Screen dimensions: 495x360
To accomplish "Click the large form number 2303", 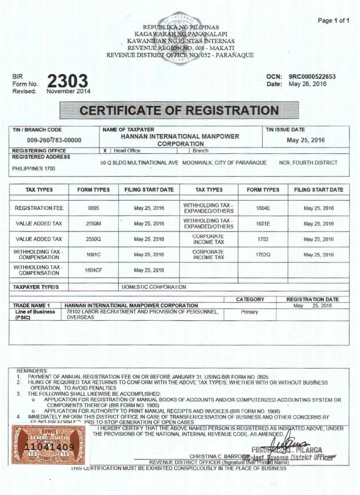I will pyautogui.click(x=67, y=81).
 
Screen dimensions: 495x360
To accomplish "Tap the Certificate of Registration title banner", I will pyautogui.click(x=179, y=111).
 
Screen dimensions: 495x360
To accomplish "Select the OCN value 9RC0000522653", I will pyautogui.click(x=312, y=77).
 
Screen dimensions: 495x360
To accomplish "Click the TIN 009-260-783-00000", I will pyautogui.click(x=54, y=140).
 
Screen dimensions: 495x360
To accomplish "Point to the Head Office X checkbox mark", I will pyautogui.click(x=105, y=151).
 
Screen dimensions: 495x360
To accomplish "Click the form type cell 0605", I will pyautogui.click(x=93, y=208).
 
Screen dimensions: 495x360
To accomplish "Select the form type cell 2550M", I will pyautogui.click(x=93, y=224).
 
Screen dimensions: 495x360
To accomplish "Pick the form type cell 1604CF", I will pyautogui.click(x=93, y=270).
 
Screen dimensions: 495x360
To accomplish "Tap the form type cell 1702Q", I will pyautogui.click(x=263, y=255).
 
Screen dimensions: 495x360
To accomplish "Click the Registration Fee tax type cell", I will pyautogui.click(x=39, y=208).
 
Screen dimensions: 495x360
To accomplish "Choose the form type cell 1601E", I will pyautogui.click(x=263, y=224).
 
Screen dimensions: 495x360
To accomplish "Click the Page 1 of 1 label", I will pyautogui.click(x=333, y=21).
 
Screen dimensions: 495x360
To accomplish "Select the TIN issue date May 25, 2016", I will pyautogui.click(x=306, y=140).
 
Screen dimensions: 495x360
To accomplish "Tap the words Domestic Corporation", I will pyautogui.click(x=154, y=287).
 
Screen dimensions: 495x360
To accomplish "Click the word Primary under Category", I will pyautogui.click(x=249, y=312).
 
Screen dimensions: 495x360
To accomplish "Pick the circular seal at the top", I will pyautogui.click(x=180, y=38).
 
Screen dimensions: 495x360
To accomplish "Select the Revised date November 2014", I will pyautogui.click(x=68, y=91).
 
